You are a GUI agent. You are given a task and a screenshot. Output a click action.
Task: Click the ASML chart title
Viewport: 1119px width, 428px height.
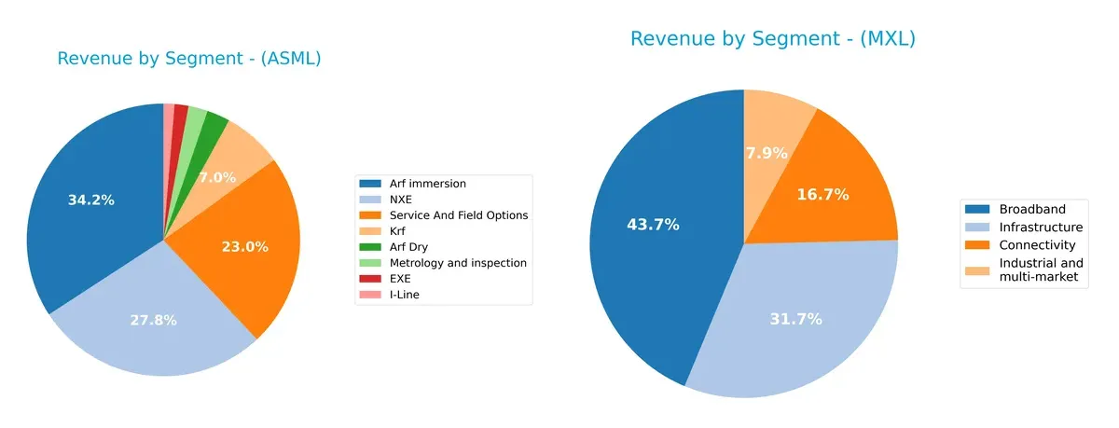click(x=189, y=59)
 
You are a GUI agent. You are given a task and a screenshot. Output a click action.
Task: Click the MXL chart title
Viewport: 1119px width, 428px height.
click(x=773, y=39)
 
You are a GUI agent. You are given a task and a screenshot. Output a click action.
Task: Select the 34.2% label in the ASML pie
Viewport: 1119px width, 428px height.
click(x=91, y=200)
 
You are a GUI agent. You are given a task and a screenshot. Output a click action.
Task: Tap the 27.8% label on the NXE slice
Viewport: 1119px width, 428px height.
click(x=153, y=320)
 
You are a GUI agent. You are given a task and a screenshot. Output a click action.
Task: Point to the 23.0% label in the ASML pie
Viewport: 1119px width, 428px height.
click(x=245, y=247)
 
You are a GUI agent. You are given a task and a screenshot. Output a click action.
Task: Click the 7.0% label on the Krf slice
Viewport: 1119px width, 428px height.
click(x=217, y=177)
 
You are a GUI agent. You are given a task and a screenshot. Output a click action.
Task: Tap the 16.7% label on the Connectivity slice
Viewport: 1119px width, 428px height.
click(x=822, y=195)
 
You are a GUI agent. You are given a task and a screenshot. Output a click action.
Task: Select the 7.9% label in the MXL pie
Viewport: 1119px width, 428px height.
click(x=767, y=153)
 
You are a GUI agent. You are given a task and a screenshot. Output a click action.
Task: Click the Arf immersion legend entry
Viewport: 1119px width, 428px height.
click(x=428, y=184)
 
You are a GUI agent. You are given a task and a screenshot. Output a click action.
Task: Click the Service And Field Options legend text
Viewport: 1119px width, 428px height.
click(x=459, y=215)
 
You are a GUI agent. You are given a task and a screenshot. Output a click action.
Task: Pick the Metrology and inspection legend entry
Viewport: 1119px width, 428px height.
click(x=458, y=263)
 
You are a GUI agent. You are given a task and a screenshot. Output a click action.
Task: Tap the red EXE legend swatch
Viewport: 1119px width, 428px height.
click(x=371, y=279)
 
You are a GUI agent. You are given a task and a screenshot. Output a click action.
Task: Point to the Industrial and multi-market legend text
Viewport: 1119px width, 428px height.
click(x=1041, y=270)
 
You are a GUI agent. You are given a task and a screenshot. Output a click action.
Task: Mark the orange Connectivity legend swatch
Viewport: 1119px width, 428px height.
click(x=977, y=245)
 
